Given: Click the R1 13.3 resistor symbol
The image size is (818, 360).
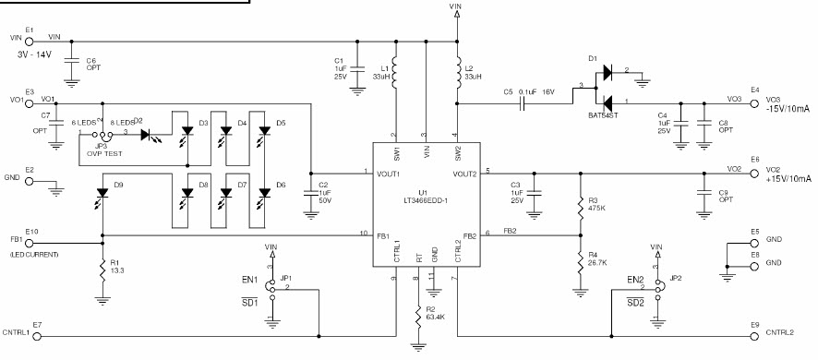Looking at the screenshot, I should point(101,269).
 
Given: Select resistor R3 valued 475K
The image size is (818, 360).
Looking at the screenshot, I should point(580,202).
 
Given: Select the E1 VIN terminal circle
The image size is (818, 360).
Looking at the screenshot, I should point(30,40).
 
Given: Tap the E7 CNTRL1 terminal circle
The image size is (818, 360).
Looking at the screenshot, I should point(37,333).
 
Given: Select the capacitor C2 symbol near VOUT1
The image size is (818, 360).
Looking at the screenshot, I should point(310,195).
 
